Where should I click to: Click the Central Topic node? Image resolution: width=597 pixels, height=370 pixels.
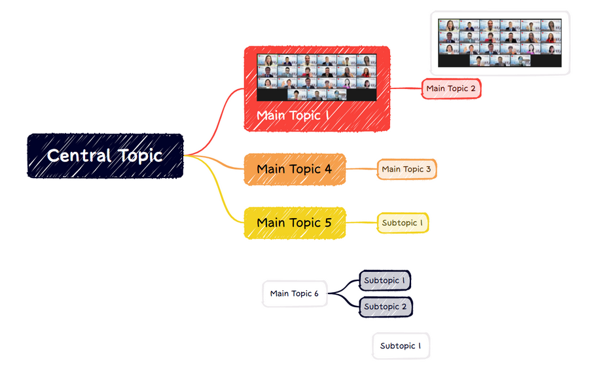point(105,156)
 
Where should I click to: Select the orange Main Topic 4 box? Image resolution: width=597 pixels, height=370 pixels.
point(295,169)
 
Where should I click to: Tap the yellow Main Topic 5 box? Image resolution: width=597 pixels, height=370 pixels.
point(295,223)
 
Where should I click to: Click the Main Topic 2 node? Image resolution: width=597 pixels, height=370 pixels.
point(451,89)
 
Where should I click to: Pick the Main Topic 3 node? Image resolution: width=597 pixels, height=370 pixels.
point(407,169)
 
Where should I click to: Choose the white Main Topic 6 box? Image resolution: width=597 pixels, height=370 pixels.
point(295,294)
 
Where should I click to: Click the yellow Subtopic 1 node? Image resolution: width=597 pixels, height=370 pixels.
point(403,223)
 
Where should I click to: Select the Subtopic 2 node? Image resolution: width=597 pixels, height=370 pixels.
point(386,306)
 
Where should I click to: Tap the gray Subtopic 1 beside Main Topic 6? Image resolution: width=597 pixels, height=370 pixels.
point(385,280)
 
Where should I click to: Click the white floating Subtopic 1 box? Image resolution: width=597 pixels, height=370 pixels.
point(401,346)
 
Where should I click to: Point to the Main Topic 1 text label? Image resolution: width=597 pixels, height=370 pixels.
point(293,115)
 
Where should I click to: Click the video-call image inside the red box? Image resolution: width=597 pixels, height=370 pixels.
point(317,77)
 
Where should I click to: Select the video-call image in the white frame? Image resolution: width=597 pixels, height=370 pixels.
point(500,43)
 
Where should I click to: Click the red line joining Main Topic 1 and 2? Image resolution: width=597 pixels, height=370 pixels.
point(406,88)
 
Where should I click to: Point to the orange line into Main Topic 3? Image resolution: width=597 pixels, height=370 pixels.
point(361,169)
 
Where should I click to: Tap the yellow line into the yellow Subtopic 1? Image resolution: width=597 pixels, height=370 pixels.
point(361,223)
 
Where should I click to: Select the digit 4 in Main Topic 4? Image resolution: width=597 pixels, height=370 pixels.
point(328,169)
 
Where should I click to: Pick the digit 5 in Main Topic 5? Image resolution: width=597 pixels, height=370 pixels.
point(328,223)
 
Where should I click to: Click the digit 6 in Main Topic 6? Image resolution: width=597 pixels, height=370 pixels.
point(316,294)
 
